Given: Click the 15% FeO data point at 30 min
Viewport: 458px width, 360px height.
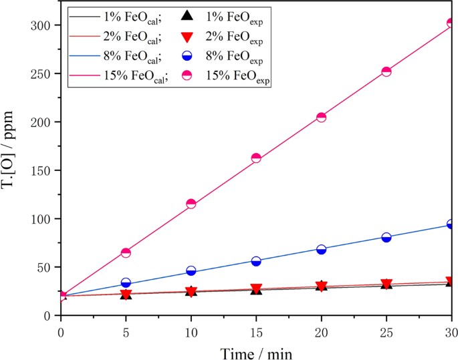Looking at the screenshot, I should click(x=451, y=23).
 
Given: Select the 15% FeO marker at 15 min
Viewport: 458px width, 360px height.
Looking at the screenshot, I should click(x=256, y=158).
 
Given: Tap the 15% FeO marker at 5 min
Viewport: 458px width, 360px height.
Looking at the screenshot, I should click(x=126, y=252).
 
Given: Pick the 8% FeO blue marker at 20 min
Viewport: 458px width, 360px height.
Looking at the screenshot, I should click(x=321, y=249).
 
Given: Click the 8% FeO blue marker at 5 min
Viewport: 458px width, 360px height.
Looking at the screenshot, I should click(x=126, y=283).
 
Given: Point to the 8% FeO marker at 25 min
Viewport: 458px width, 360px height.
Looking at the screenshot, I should click(x=386, y=237).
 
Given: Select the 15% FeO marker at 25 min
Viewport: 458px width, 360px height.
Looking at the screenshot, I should click(x=386, y=71).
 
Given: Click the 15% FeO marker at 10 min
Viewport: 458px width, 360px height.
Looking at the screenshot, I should click(x=191, y=204).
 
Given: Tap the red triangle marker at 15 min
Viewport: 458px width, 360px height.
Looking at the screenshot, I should click(x=256, y=289).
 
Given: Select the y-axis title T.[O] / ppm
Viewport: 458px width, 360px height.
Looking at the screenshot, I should click(x=13, y=170).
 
